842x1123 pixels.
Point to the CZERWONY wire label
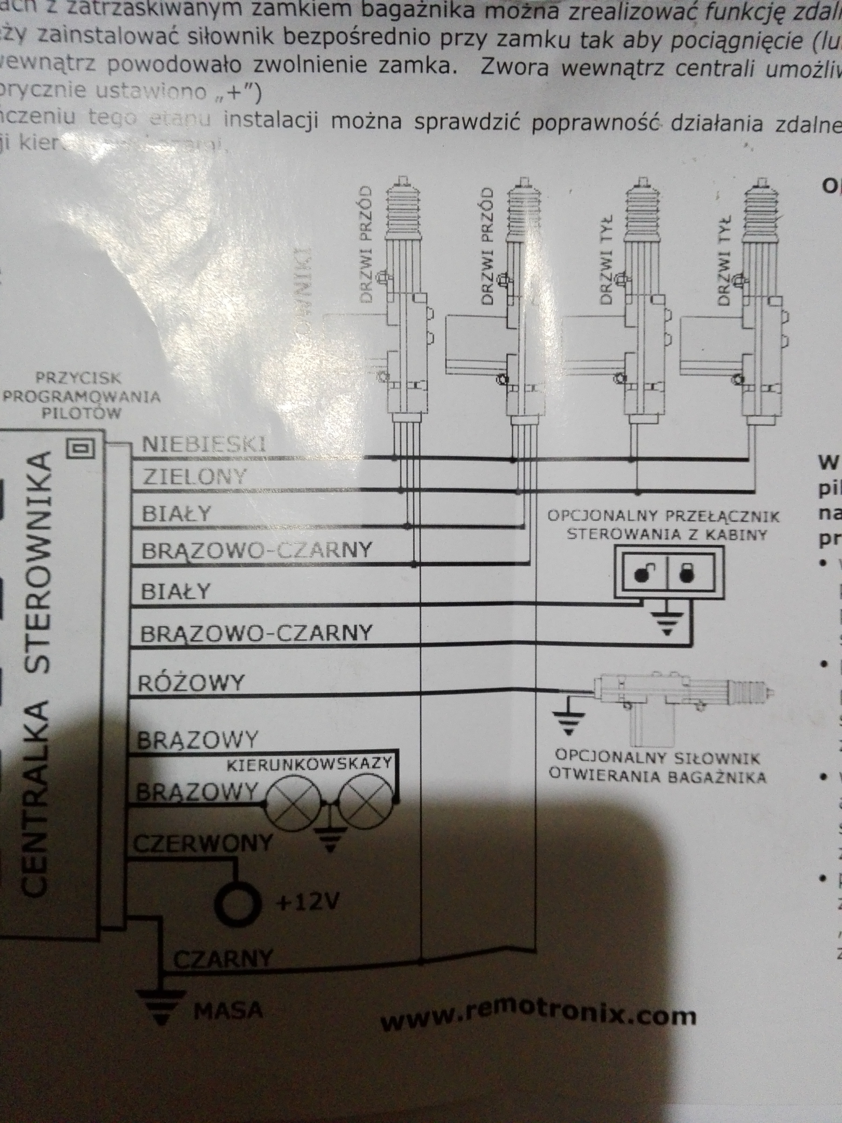click(203, 843)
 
